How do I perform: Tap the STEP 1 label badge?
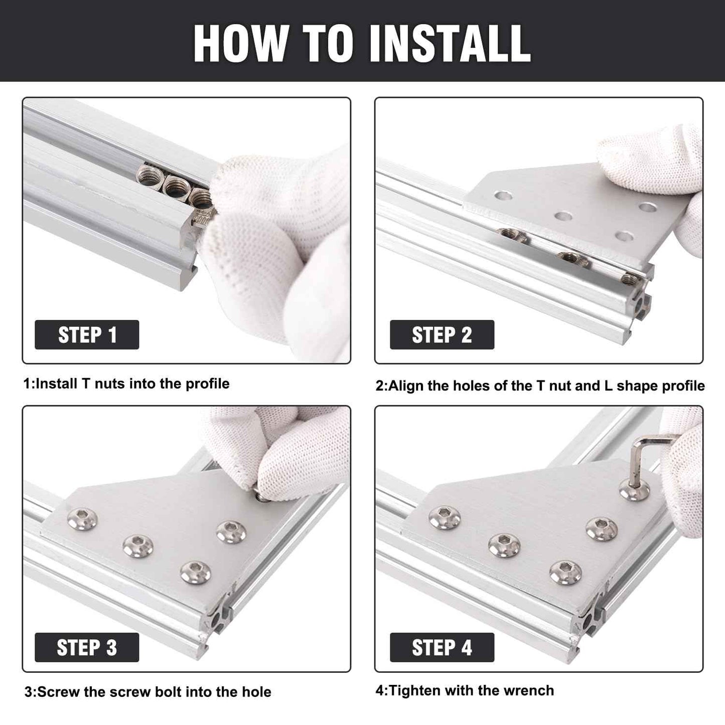pyautogui.click(x=87, y=335)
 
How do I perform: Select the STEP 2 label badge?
pyautogui.click(x=442, y=335)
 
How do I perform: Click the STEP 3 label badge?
pyautogui.click(x=87, y=647)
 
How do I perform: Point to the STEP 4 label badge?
pyautogui.click(x=442, y=647)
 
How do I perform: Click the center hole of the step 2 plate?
pyautogui.click(x=563, y=216)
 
